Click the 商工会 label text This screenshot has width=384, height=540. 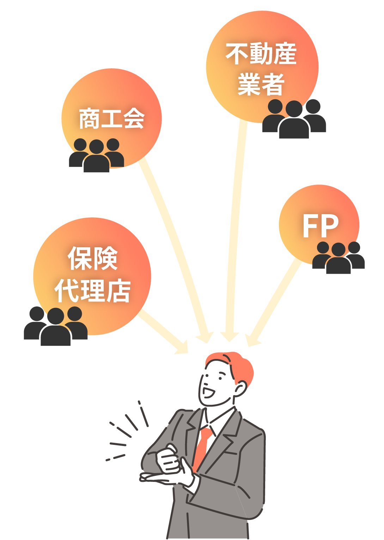coord(112,118)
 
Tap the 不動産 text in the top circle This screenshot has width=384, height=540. coord(261,54)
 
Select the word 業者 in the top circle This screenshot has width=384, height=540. coord(261,84)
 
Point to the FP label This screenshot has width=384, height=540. coord(320,226)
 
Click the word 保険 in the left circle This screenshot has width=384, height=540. coord(93,258)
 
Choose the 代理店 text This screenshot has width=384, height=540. coord(93,291)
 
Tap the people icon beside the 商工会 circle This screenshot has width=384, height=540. coord(96,155)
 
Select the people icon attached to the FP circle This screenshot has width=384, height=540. coord(338,257)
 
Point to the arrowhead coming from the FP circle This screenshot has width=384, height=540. coord(252,340)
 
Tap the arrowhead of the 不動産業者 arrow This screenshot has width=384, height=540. coord(230,336)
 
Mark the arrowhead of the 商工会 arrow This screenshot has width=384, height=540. coord(206,337)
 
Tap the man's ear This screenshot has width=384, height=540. coord(240,389)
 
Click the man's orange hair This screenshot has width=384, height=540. coord(232,366)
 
